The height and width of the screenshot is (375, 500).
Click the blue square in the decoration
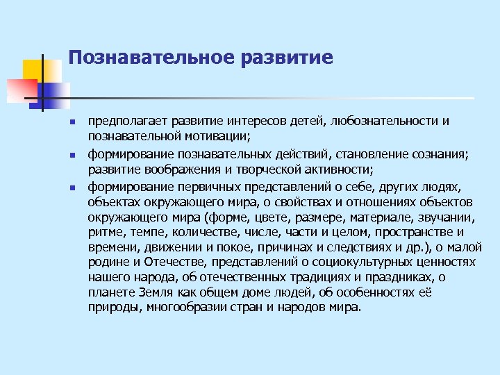(x=56, y=93)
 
